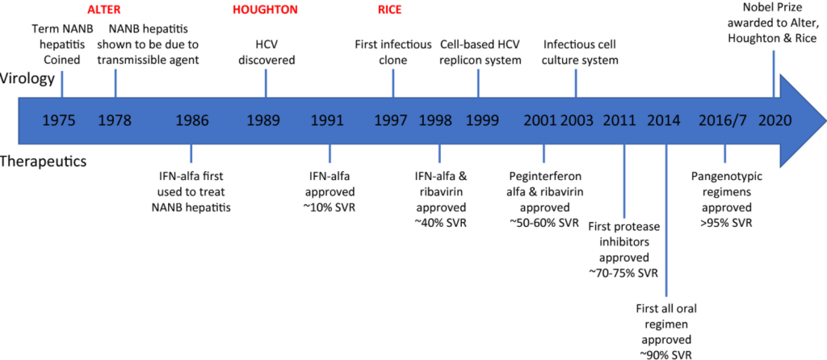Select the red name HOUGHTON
(266, 10)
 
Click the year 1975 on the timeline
(60, 122)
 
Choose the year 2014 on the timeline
(664, 122)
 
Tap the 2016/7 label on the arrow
(722, 122)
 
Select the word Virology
(28, 78)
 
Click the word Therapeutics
(44, 161)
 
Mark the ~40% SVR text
(440, 222)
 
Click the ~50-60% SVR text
(544, 222)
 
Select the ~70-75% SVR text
(624, 274)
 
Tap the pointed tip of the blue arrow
(824, 121)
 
